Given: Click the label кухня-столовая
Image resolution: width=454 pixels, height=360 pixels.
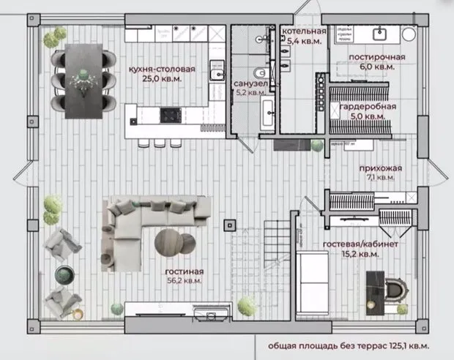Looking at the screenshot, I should click(x=161, y=69).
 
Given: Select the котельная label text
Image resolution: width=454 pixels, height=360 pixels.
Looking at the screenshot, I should click(x=305, y=31).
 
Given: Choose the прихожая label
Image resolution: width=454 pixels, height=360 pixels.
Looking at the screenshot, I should click(x=380, y=168).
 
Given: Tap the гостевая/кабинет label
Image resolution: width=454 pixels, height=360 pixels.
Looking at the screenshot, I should click(x=360, y=244).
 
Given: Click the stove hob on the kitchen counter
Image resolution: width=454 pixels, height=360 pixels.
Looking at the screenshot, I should click(x=170, y=114).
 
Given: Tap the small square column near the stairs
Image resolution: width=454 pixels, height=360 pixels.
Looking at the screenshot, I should click(x=231, y=220).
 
